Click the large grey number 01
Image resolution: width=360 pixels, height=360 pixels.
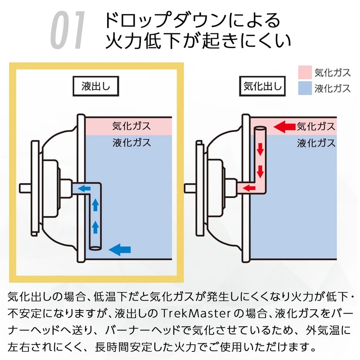pos(67,31)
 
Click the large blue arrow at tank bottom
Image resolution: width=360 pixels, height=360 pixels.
pos(120,247)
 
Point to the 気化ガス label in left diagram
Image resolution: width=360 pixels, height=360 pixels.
pos(131,126)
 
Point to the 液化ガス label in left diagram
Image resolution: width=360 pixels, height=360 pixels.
pos(131,143)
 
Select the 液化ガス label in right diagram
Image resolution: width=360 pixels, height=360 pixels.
pos(316,143)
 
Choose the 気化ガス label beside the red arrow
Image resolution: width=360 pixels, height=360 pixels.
pos(316,126)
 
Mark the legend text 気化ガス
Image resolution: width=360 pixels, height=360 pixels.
pos(332,72)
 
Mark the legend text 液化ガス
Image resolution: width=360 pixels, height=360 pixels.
pos(332,88)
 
